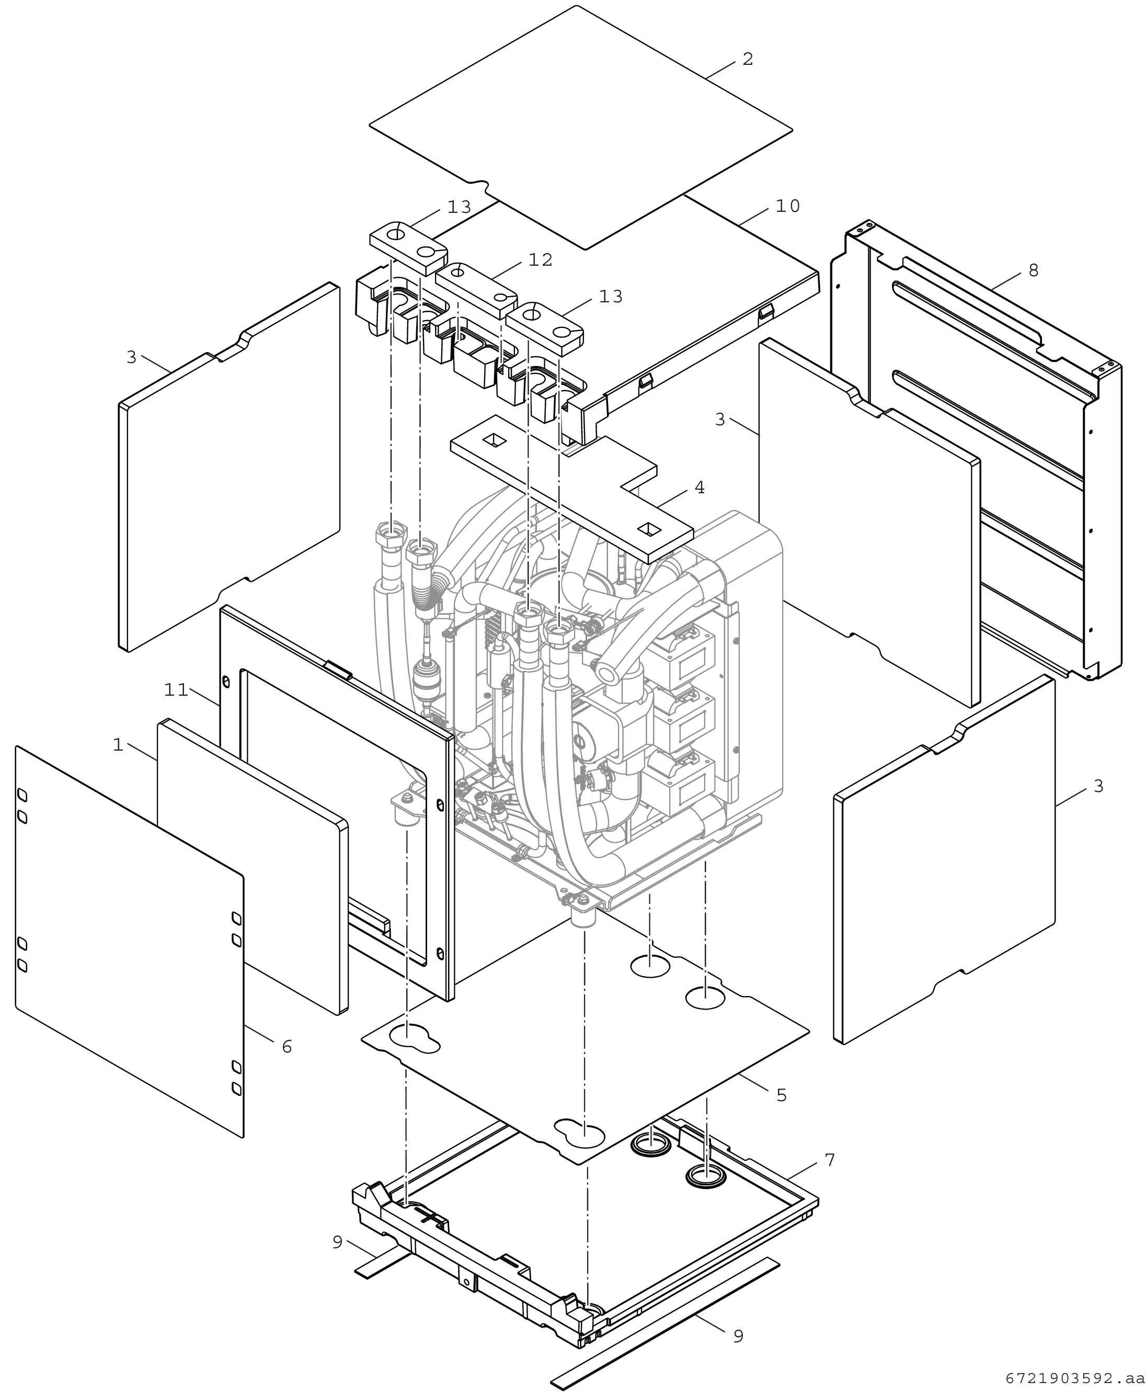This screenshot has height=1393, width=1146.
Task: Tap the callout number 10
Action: [787, 207]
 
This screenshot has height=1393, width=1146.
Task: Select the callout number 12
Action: [540, 260]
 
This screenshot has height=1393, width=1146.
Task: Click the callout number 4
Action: [700, 488]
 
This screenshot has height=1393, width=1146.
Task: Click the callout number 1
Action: [118, 745]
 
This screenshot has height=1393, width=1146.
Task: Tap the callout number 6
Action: [286, 1047]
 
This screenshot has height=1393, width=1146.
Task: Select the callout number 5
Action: [782, 1095]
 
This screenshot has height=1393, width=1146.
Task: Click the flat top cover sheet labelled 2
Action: [581, 126]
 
